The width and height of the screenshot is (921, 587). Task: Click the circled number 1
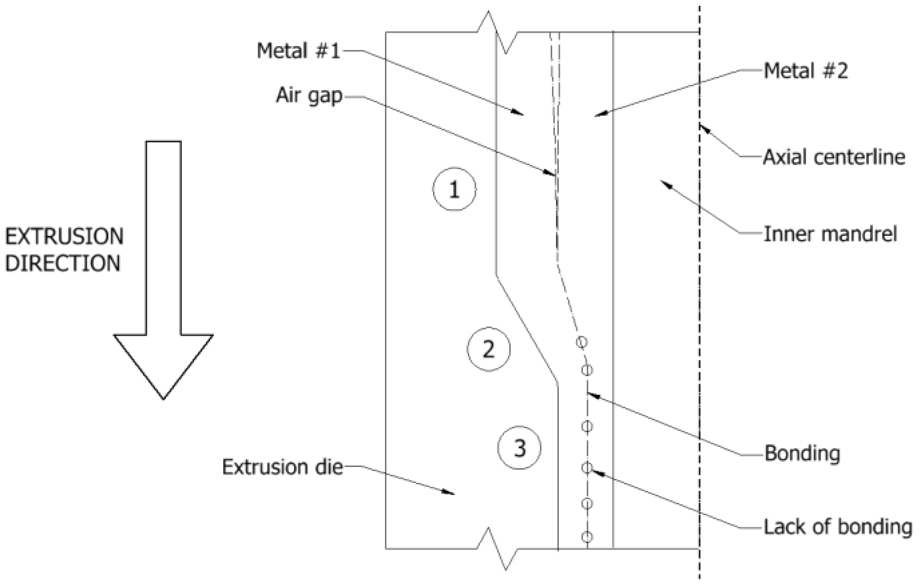[454, 189]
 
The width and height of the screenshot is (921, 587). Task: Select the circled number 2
[488, 349]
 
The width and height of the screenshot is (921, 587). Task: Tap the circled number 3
[519, 448]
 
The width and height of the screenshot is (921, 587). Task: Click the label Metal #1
[298, 51]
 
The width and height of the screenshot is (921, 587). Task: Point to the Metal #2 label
[805, 71]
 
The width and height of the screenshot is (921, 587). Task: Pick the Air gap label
[309, 95]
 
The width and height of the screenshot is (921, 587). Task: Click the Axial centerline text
[834, 157]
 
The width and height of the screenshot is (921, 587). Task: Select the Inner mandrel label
[830, 234]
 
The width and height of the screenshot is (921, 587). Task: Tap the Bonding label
[802, 454]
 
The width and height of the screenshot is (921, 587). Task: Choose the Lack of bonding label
[838, 527]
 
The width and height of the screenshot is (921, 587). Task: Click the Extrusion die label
[282, 467]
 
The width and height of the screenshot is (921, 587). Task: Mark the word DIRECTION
[63, 263]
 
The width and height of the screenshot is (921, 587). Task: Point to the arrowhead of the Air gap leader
[552, 174]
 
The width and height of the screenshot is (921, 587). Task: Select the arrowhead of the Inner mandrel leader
[663, 182]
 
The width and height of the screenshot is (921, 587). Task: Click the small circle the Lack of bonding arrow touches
[587, 467]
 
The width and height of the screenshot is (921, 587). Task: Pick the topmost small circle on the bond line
[581, 342]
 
